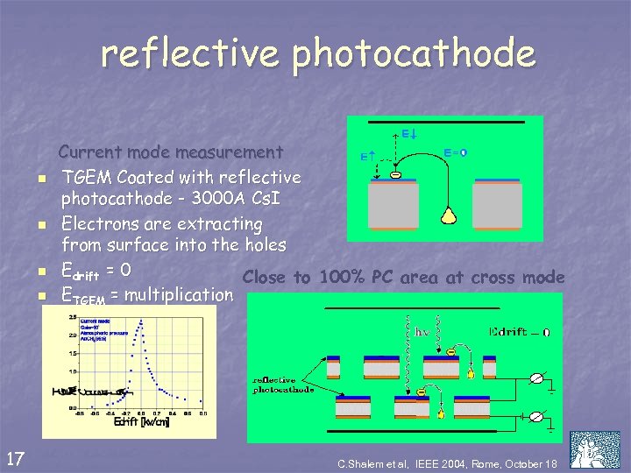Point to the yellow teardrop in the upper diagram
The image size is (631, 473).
[452, 213]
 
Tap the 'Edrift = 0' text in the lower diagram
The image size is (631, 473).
[522, 331]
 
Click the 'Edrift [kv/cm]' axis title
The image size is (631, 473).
[141, 423]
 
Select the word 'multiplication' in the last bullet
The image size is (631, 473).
[179, 294]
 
